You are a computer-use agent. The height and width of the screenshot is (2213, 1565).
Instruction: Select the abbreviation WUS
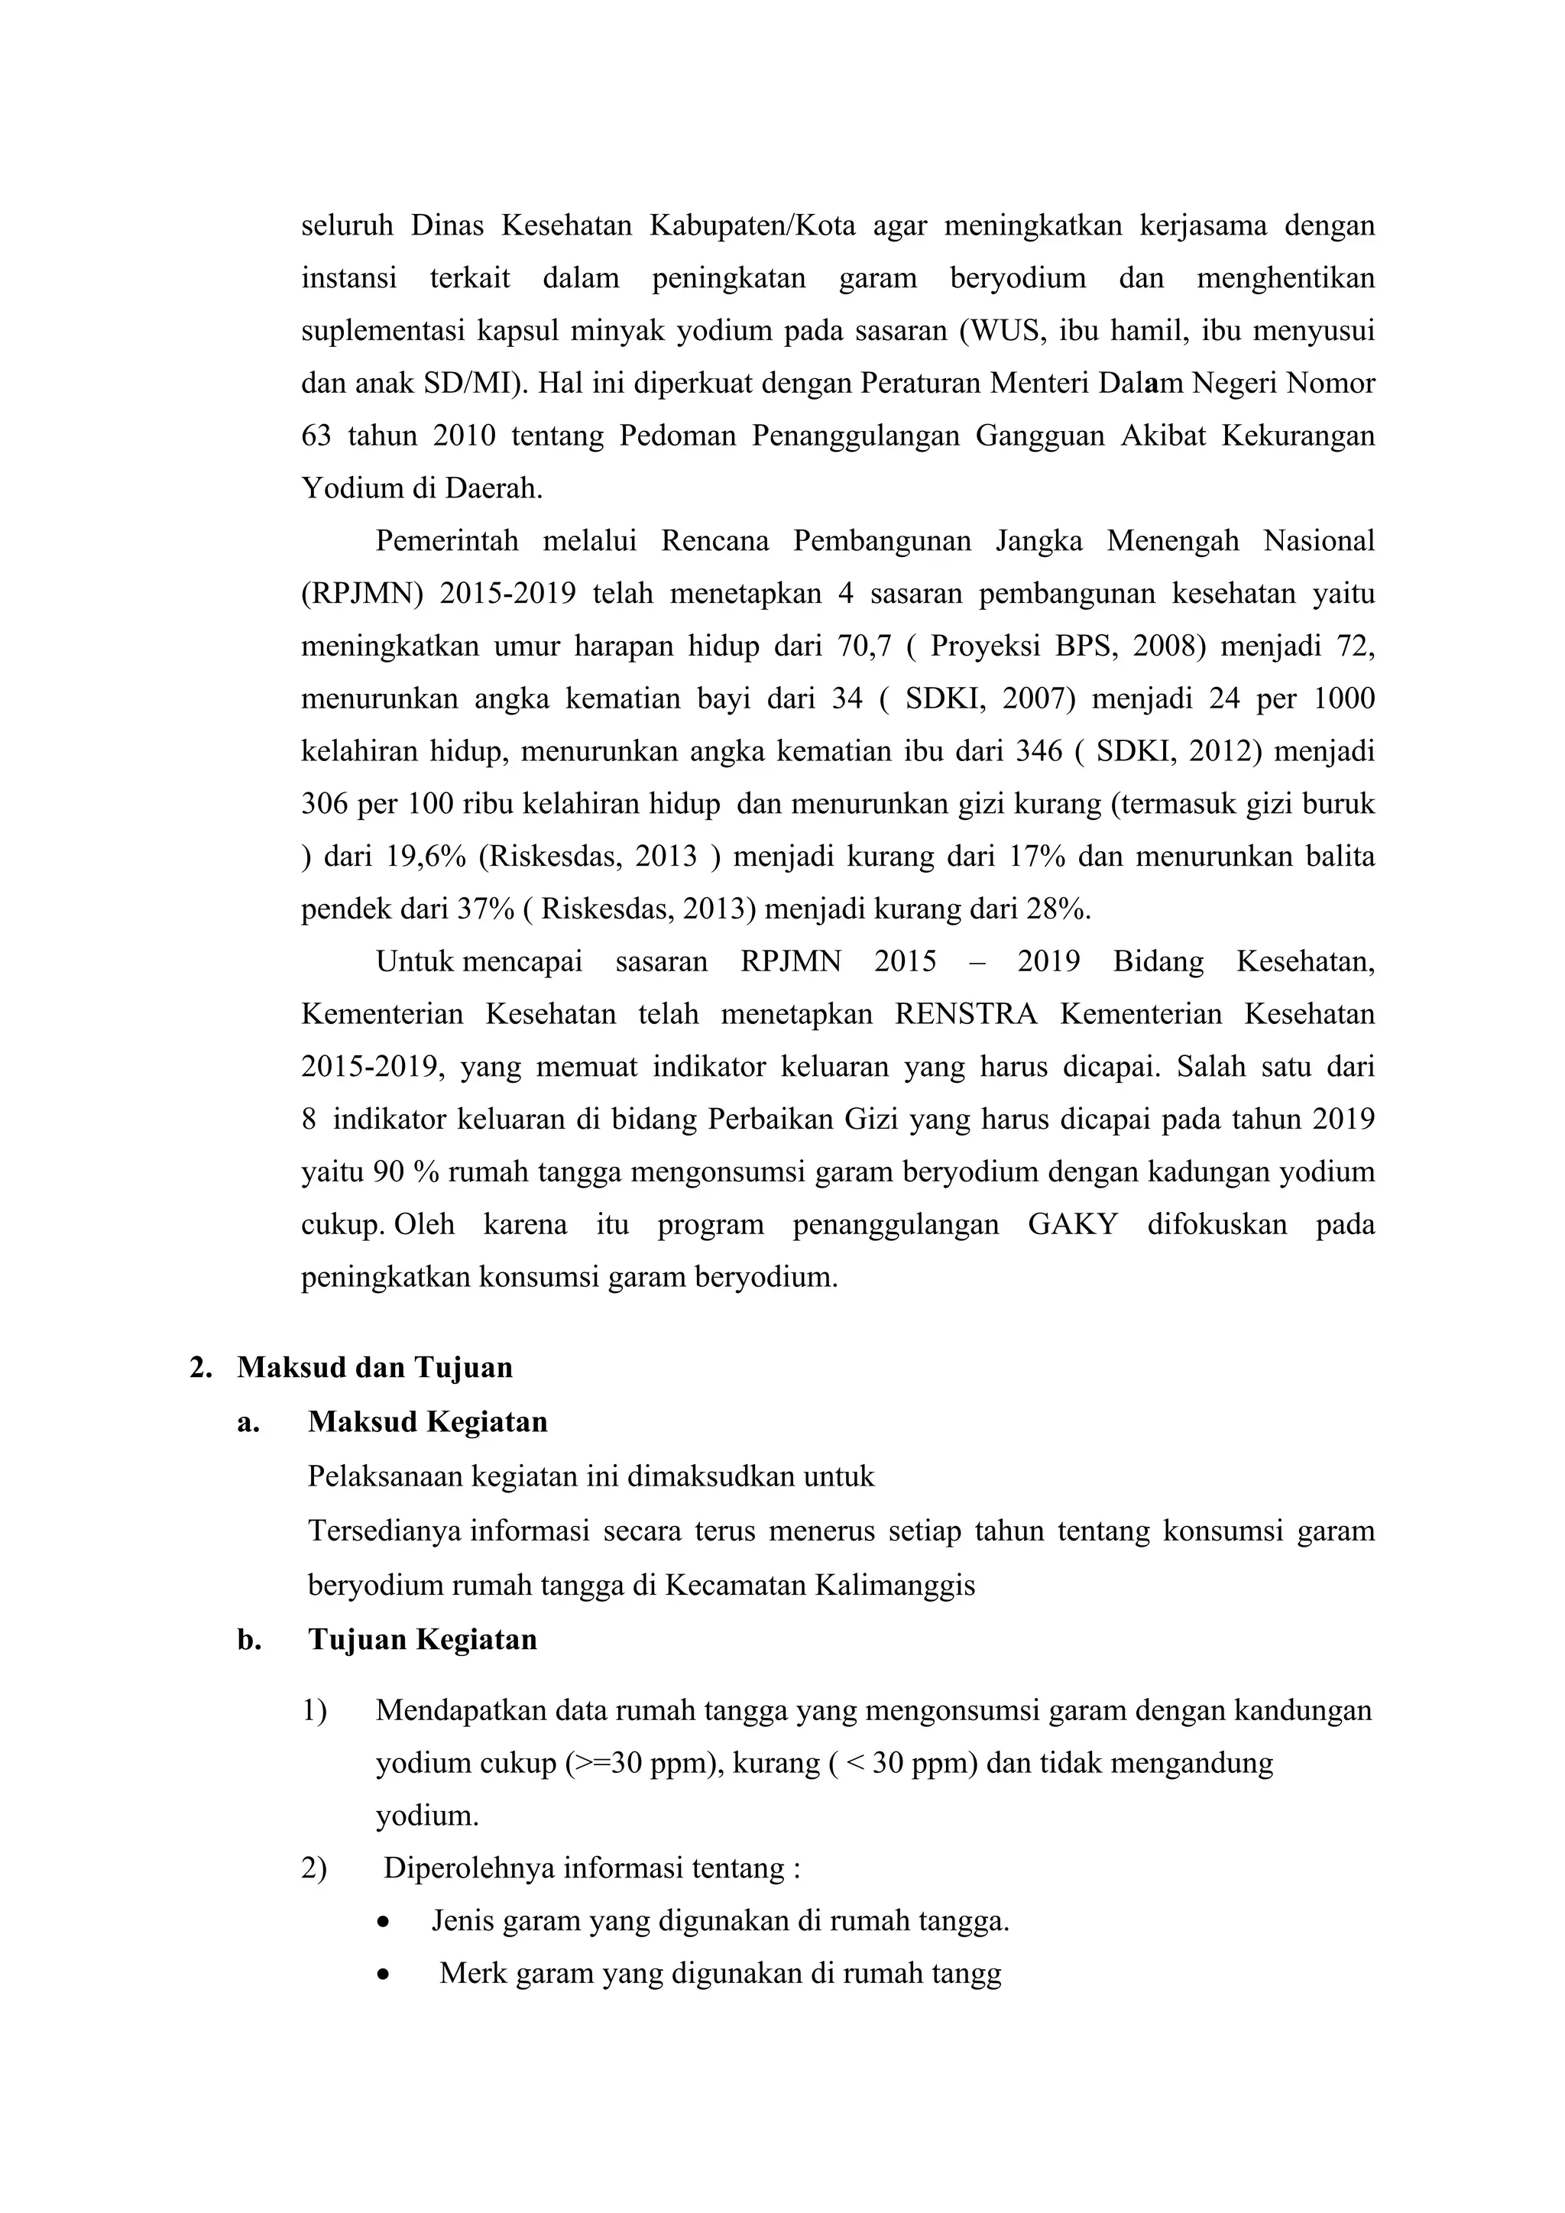[1006, 331]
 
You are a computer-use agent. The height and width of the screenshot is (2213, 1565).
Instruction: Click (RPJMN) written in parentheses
[362, 594]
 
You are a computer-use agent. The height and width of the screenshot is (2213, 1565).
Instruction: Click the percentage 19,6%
[426, 856]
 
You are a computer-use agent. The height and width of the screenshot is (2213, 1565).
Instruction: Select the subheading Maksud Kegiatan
[427, 1421]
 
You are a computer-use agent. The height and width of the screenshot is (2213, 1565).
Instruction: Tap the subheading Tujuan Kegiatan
[422, 1640]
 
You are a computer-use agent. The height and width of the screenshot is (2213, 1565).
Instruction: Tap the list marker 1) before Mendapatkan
[314, 1711]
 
